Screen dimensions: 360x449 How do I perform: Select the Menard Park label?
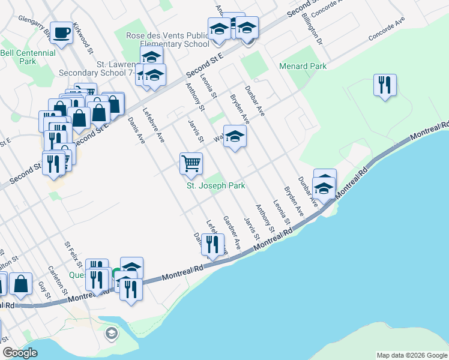[x=303, y=66]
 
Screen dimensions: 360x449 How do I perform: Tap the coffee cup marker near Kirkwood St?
[x=61, y=33]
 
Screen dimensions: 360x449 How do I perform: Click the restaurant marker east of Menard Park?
[x=384, y=85]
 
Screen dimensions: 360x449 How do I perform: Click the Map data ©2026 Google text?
[x=411, y=355]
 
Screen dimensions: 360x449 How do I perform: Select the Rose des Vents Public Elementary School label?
[x=167, y=40]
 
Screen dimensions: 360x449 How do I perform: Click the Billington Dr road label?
[x=314, y=27]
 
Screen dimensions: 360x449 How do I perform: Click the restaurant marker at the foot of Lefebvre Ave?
[x=212, y=245]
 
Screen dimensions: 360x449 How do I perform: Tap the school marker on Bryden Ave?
[x=235, y=136]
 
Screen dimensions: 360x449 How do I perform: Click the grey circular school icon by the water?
[x=111, y=333]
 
